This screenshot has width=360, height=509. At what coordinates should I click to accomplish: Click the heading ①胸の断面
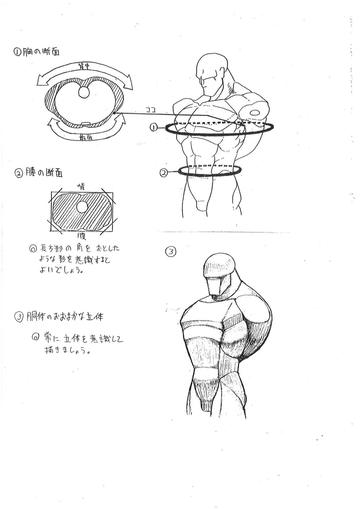(x=37, y=52)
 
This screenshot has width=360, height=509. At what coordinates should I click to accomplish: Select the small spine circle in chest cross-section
(x=84, y=92)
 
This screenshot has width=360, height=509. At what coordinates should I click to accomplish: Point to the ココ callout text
(x=151, y=110)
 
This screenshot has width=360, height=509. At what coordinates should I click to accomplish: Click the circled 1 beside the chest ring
(x=154, y=127)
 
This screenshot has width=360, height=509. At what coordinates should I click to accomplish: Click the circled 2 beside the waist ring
(x=164, y=173)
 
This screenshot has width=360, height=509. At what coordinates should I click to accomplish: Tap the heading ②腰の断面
(x=39, y=173)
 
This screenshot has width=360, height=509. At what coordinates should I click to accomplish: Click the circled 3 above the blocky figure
(x=171, y=251)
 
